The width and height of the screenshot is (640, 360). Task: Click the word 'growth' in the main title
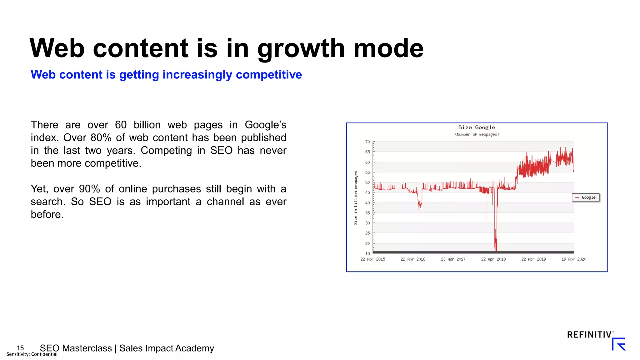(x=301, y=48)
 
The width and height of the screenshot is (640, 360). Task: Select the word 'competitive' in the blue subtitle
(x=269, y=75)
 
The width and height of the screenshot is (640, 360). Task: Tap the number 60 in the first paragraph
(x=121, y=125)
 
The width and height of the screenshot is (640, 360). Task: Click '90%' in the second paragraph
(x=89, y=189)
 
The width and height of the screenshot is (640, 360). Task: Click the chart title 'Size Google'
(x=477, y=127)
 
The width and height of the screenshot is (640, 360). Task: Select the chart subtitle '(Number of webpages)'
(x=477, y=135)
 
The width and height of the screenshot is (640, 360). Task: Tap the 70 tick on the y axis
(x=367, y=142)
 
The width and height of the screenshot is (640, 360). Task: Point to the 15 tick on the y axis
(x=367, y=253)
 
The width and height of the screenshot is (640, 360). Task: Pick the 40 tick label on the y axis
(x=367, y=203)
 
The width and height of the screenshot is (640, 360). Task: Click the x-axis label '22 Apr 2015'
(x=372, y=259)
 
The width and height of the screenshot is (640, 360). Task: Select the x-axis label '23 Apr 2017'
(x=453, y=259)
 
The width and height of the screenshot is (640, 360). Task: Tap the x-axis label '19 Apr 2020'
(x=573, y=259)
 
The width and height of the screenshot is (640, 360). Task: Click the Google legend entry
(x=586, y=197)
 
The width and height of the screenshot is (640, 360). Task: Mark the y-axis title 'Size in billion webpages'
(x=356, y=198)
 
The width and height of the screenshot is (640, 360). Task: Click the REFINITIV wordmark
(x=589, y=335)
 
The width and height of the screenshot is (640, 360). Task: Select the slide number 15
(x=20, y=348)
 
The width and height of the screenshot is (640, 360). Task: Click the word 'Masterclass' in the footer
(x=87, y=348)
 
